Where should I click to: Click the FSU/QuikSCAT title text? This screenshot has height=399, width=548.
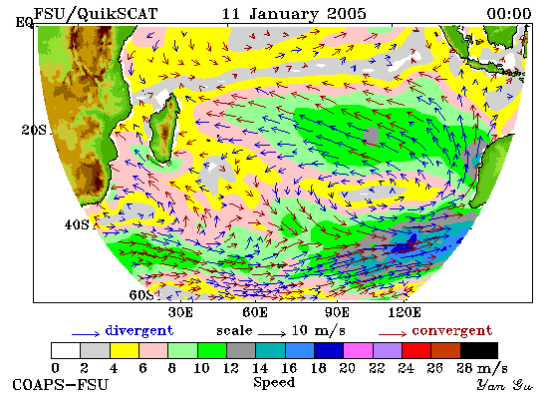click(96, 14)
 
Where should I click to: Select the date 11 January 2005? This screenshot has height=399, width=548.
click(294, 14)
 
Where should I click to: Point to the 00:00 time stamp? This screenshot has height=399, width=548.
click(509, 14)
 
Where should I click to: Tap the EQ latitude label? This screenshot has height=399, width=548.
click(24, 23)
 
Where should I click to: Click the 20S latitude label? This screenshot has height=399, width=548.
click(34, 130)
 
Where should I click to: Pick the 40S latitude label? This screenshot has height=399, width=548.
click(77, 224)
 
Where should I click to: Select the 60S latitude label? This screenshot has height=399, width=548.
click(141, 295)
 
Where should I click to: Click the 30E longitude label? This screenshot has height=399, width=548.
click(180, 312)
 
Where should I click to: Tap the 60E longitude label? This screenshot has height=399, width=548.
click(255, 312)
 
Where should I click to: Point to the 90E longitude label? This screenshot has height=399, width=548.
click(337, 312)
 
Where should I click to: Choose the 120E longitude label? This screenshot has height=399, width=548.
click(405, 312)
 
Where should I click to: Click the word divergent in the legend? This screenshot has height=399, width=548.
click(139, 331)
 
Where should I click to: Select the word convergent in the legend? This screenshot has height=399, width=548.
click(452, 331)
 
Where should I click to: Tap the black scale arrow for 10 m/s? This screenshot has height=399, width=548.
click(272, 334)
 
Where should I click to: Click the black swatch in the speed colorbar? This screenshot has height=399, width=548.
click(479, 351)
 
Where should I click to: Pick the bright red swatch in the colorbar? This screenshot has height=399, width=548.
click(416, 351)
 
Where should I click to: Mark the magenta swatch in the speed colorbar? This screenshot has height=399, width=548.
click(358, 351)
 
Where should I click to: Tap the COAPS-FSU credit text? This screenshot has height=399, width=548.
click(60, 385)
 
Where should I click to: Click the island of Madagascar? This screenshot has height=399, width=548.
click(164, 129)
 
